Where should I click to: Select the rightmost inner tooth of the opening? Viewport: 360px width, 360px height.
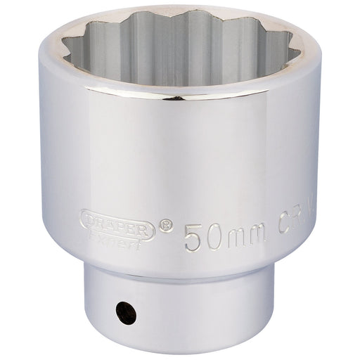pyautogui.click(x=290, y=49)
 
